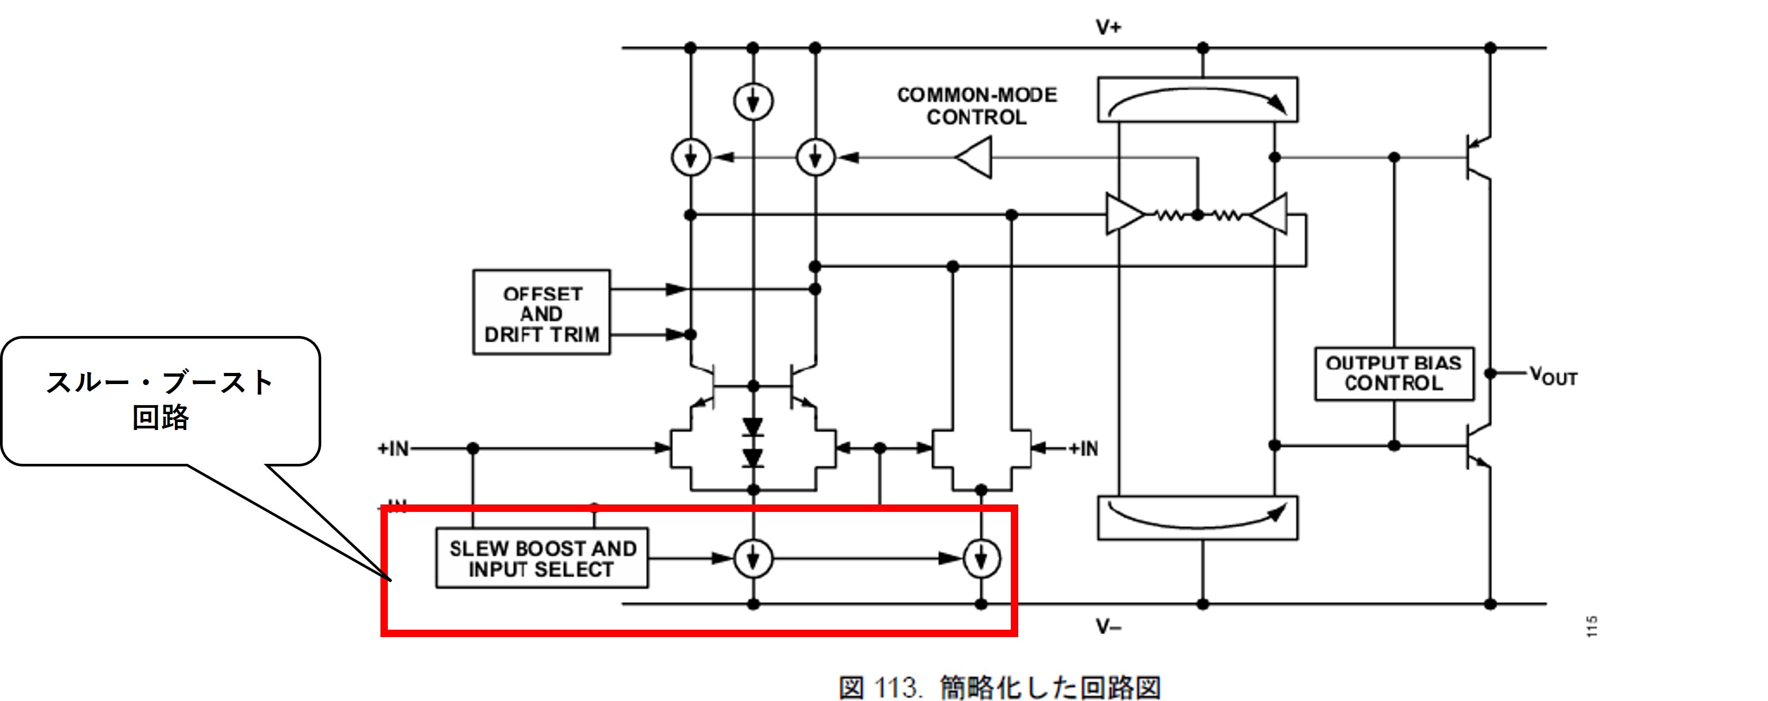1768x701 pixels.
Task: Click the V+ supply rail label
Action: tap(1108, 27)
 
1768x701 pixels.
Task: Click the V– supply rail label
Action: tap(1108, 626)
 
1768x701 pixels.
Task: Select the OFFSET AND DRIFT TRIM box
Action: tap(542, 313)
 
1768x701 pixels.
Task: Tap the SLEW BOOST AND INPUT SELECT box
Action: tap(542, 558)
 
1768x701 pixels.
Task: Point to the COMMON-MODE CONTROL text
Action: tap(976, 106)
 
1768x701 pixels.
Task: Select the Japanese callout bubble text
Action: tap(161, 399)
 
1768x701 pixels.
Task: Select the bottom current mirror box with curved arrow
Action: tap(1198, 518)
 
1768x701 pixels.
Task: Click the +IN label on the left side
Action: tap(393, 448)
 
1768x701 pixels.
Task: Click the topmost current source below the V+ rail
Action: tap(753, 101)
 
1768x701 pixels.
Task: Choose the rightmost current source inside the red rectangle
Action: tap(981, 558)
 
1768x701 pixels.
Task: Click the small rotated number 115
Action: tap(1592, 626)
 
